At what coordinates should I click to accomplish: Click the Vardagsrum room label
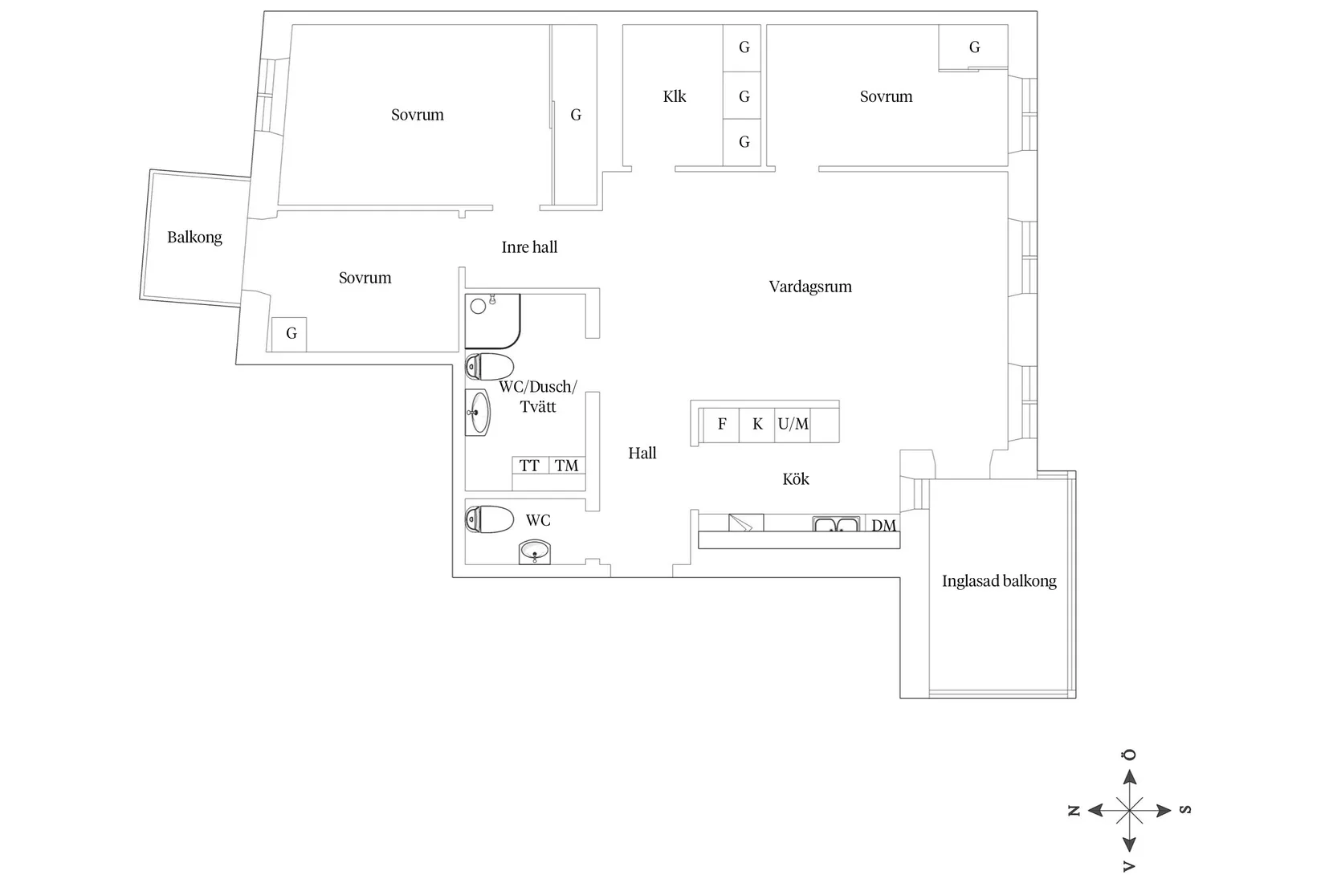pos(809,287)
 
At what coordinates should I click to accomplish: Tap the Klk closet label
pos(675,96)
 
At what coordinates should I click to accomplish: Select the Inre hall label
pos(529,247)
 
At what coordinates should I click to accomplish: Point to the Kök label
pos(796,478)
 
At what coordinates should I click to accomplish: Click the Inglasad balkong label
pos(999,581)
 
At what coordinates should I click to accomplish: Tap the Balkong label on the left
pos(194,237)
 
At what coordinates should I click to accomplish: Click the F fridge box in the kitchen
pos(722,425)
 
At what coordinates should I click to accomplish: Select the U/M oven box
pos(793,425)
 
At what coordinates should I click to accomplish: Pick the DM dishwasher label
pos(883,525)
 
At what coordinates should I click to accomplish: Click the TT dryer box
pos(530,466)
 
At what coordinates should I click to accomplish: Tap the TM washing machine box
pos(567,466)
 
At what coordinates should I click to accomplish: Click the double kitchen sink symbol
pos(836,524)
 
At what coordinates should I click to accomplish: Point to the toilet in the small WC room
pos(489,520)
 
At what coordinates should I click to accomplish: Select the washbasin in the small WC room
pos(535,551)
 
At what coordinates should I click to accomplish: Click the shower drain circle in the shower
pos(478,307)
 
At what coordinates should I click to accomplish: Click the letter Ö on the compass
pos(1129,755)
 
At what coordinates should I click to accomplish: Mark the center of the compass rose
pos(1129,810)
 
